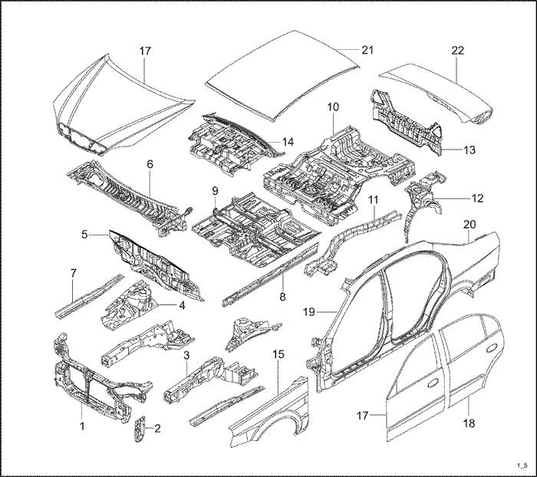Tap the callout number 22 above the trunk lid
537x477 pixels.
tap(458, 51)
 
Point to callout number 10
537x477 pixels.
tap(333, 107)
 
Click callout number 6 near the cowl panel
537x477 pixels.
tap(150, 164)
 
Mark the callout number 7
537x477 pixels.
tap(73, 272)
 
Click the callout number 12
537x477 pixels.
tap(477, 198)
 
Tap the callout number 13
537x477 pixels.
tap(469, 150)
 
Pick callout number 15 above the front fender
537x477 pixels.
tap(278, 355)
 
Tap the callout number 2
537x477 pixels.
tap(157, 428)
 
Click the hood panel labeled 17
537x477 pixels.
tap(123, 107)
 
